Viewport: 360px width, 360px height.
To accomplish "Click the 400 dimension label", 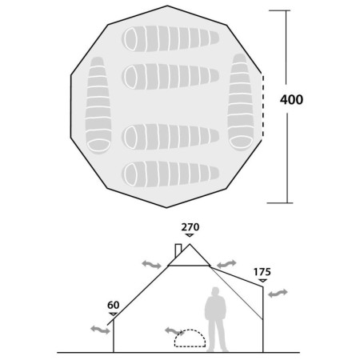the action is [x=291, y=99].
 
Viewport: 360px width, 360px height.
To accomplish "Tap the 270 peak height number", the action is [x=190, y=227].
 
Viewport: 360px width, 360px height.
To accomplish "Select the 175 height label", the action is [x=262, y=272].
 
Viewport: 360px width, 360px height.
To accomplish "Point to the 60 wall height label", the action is [x=114, y=305].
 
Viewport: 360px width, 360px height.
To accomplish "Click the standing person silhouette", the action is [x=216, y=319].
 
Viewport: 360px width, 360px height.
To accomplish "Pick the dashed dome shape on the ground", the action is [x=190, y=338].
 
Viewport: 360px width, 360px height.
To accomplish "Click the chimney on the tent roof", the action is [x=178, y=250].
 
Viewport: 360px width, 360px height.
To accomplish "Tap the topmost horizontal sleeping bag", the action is [x=170, y=38].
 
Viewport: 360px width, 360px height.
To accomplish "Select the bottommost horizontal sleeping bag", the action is [x=170, y=174].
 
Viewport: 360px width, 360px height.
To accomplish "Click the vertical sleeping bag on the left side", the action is [x=98, y=105].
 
